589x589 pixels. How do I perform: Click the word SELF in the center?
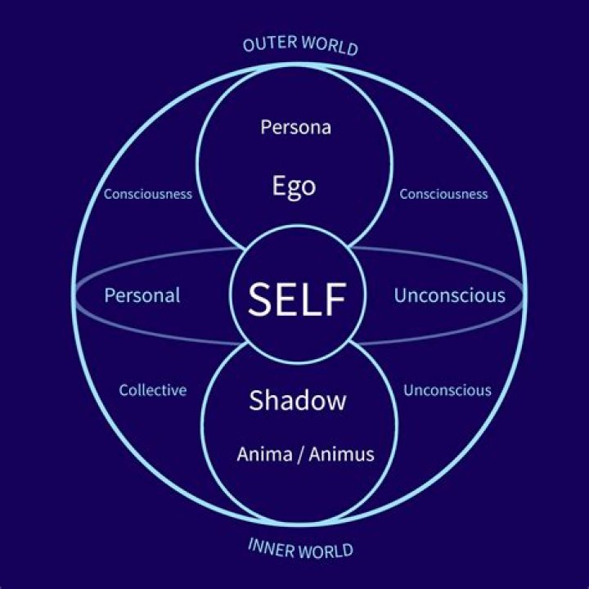point(297,299)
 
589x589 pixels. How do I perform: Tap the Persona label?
point(296,127)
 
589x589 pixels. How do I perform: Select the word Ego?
point(294,187)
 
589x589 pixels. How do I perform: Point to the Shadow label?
point(298,400)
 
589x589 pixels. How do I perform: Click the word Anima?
point(264,454)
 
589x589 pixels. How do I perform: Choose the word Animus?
point(341,454)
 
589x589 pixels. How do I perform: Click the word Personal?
point(142,295)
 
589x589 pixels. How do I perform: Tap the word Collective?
point(153,390)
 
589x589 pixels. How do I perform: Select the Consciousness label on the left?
point(148,194)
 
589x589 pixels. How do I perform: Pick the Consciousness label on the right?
point(443,194)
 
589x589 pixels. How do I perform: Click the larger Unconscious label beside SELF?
point(450,295)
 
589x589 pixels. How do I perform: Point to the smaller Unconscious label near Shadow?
point(447,390)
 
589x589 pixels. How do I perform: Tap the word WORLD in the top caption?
point(330,46)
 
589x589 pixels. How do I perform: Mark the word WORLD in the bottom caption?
point(326,551)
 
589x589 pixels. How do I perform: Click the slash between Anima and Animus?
point(300,455)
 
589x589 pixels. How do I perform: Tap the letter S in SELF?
point(261,299)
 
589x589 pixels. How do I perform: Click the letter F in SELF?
point(335,299)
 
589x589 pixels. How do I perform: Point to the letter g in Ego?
point(294,190)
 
